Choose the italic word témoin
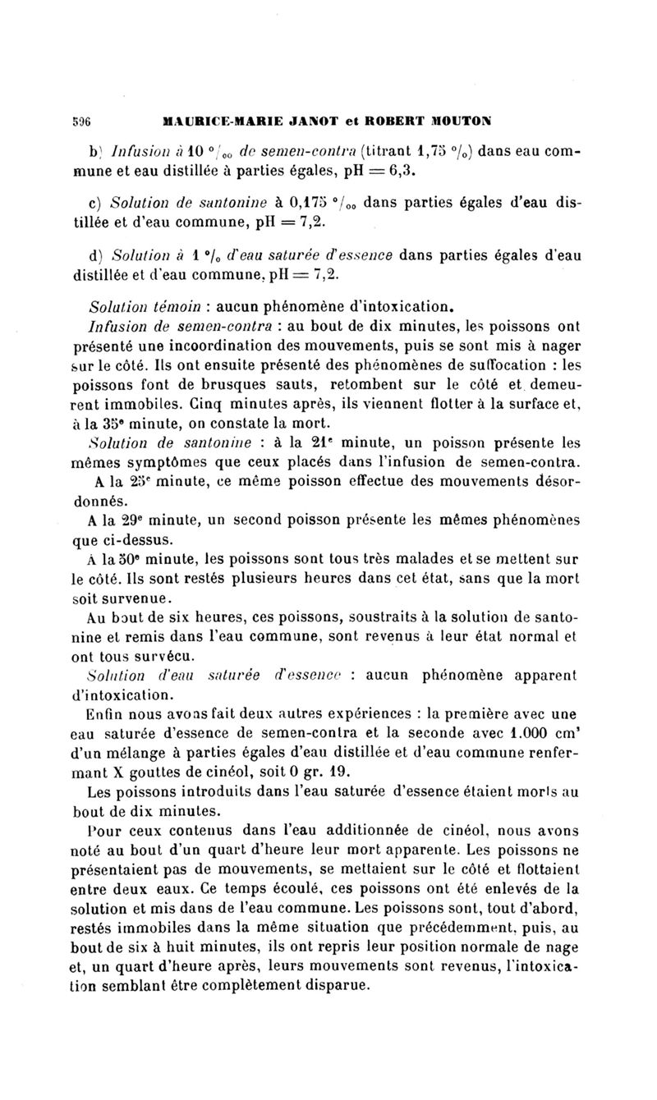pyautogui.click(x=166, y=309)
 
